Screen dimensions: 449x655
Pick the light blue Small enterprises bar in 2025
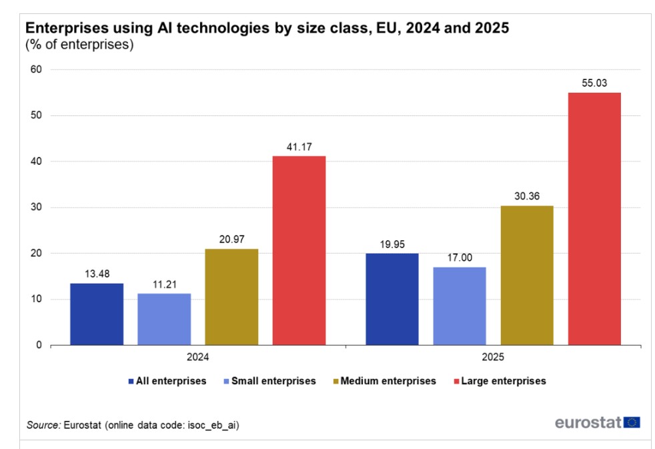click(x=460, y=306)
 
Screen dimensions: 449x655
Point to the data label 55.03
click(x=594, y=83)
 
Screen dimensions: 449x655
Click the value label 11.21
click(x=164, y=284)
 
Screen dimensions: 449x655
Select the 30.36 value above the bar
click(x=527, y=196)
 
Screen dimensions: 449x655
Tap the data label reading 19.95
click(x=392, y=244)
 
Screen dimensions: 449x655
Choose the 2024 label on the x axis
click(x=197, y=357)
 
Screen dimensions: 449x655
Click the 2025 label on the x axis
click(x=493, y=357)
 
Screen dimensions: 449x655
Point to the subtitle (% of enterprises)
click(x=79, y=45)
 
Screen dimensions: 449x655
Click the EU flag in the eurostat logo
click(x=632, y=422)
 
